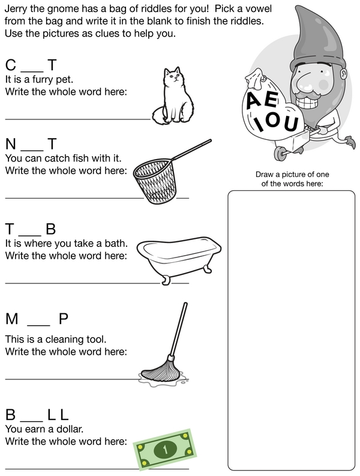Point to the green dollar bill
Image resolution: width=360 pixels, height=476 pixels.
[x=165, y=448]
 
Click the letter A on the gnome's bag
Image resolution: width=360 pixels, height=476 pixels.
[x=254, y=100]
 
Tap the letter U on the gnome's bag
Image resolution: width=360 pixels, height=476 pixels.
[x=291, y=124]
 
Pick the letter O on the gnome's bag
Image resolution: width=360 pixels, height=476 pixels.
[x=273, y=120]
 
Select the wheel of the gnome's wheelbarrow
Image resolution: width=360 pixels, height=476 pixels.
[x=280, y=154]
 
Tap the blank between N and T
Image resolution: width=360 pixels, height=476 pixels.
[x=32, y=151]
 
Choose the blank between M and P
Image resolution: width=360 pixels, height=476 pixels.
[x=38, y=325]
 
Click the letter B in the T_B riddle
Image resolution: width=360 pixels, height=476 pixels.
[x=50, y=229]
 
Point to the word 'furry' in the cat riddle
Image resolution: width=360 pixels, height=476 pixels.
[x=43, y=80]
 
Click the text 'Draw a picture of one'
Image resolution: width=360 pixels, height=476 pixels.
[x=292, y=175]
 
